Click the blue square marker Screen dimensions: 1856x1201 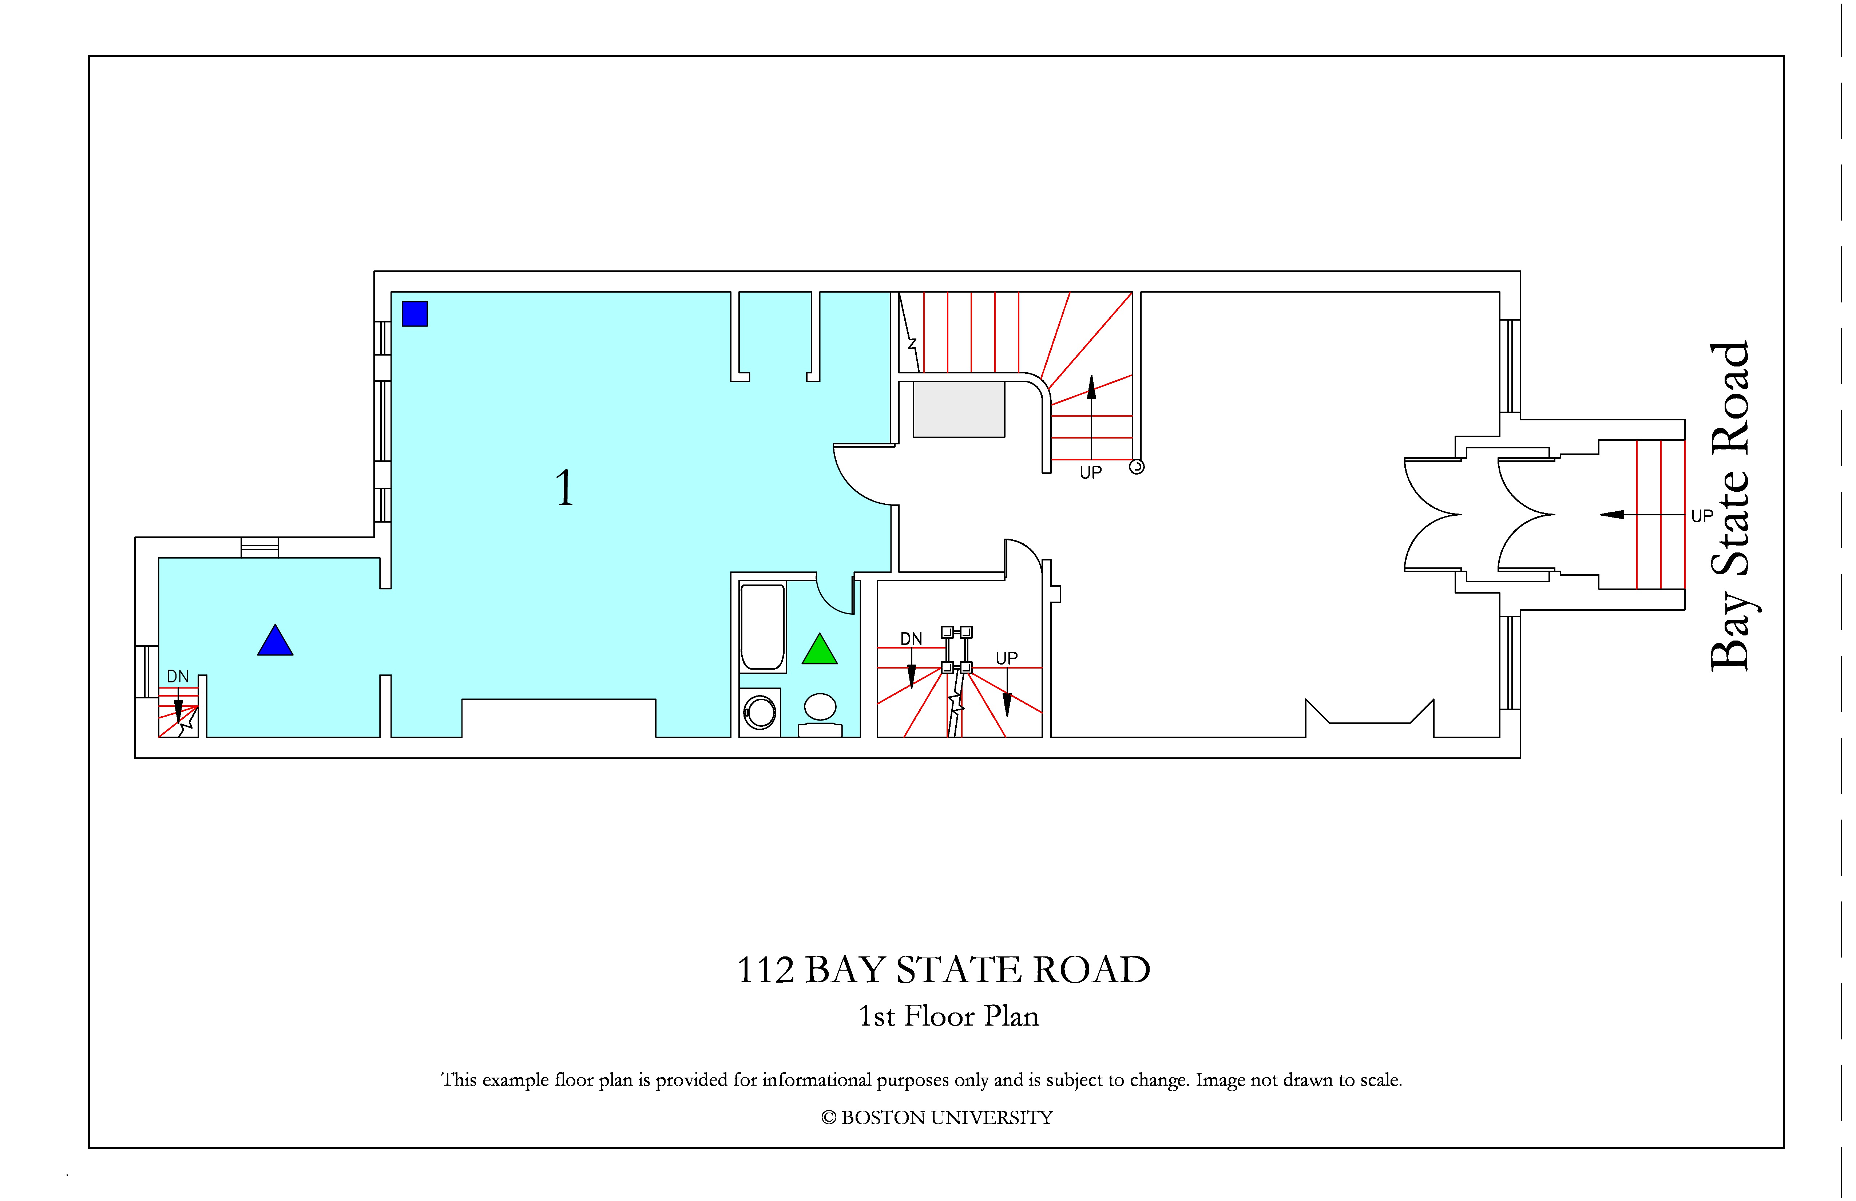point(415,313)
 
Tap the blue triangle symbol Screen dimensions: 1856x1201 point(275,642)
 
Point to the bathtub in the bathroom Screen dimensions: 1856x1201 point(763,627)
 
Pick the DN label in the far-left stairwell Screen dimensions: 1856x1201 point(178,676)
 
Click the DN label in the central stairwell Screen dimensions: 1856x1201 point(911,639)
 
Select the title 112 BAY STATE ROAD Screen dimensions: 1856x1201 point(944,970)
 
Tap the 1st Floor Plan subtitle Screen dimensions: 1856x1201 point(949,1016)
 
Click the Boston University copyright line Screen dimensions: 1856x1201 point(937,1118)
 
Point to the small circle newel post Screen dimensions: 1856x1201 point(1137,467)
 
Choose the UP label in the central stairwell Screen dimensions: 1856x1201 point(1007,658)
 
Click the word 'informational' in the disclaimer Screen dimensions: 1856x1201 point(817,1080)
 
